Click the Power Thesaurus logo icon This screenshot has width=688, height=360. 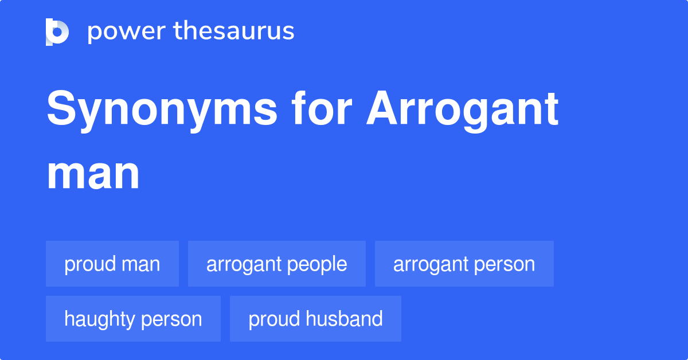tap(57, 32)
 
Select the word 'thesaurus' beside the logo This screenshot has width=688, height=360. tap(234, 32)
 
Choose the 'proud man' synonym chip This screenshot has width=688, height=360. tap(112, 264)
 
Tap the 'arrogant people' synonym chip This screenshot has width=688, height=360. tap(276, 264)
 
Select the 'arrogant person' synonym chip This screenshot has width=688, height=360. tap(464, 264)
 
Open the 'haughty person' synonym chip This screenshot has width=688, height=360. tap(133, 319)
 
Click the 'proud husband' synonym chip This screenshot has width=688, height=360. tap(315, 319)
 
